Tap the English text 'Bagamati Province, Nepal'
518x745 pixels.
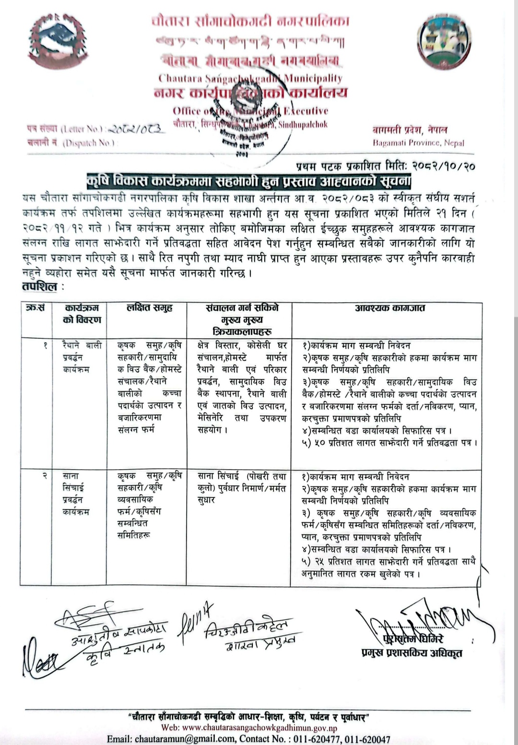(x=418, y=143)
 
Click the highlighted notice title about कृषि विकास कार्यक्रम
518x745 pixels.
(x=248, y=181)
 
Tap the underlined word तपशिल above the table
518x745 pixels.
(x=39, y=287)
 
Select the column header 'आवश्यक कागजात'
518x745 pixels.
(x=389, y=308)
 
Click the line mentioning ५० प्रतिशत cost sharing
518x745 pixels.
(x=389, y=442)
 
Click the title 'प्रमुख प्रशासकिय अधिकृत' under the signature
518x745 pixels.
(x=412, y=653)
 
